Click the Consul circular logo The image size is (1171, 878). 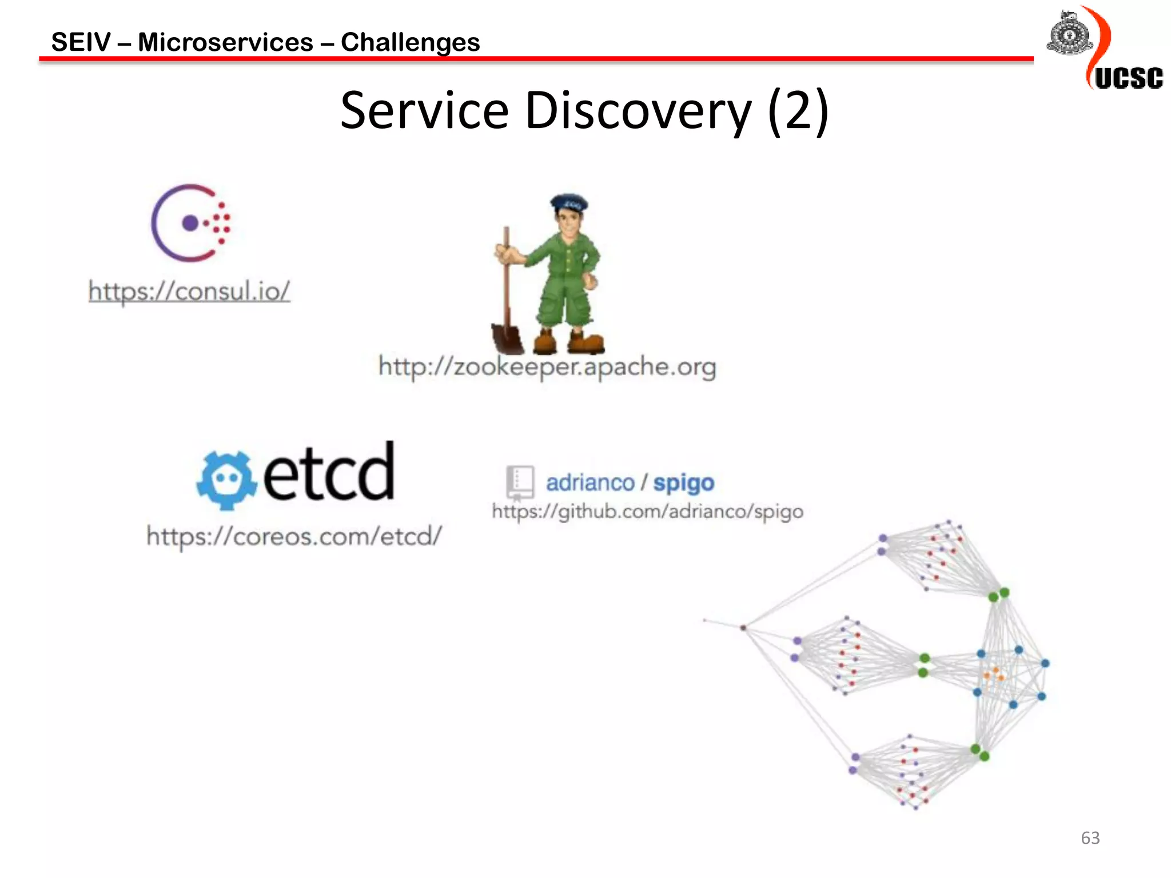tap(190, 223)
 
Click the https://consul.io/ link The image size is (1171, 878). tap(189, 291)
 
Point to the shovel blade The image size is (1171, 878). tap(507, 338)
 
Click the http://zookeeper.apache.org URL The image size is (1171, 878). tap(547, 366)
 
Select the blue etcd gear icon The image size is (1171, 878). tap(226, 480)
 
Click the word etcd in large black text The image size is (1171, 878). tap(328, 472)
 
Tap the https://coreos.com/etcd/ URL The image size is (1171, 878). tap(294, 536)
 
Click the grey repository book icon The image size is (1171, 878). tap(520, 482)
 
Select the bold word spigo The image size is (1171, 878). tap(684, 483)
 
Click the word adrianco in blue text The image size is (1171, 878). tap(590, 483)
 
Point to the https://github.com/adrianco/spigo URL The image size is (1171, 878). tap(647, 511)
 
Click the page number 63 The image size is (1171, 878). tap(1090, 837)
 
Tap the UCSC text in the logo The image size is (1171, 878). tap(1129, 78)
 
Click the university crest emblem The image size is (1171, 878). tap(1069, 34)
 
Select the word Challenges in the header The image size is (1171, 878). tap(410, 42)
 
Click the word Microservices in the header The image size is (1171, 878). tap(225, 42)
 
